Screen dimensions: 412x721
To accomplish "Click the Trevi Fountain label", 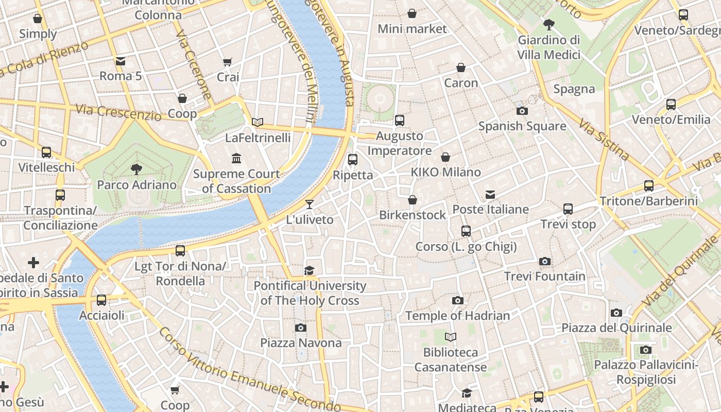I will (x=544, y=277).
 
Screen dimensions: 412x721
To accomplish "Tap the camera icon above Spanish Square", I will (x=522, y=111).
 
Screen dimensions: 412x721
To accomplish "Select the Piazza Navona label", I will (x=301, y=343).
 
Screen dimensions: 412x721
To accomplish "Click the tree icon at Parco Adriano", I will (x=136, y=169).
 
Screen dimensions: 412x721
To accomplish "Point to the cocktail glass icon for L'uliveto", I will (x=309, y=204).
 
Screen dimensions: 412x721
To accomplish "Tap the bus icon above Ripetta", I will (x=353, y=159).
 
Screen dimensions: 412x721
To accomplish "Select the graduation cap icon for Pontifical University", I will (x=309, y=270).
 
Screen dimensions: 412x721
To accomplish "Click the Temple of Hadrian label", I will (x=457, y=316).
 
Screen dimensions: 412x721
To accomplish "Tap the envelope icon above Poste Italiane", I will (x=490, y=194).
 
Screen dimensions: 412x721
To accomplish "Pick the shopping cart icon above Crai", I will (x=228, y=62).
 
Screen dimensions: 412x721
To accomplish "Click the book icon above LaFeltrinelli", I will (x=257, y=122).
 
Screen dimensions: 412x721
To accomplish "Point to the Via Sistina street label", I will (x=604, y=140).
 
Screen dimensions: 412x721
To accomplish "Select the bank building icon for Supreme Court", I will (x=236, y=158).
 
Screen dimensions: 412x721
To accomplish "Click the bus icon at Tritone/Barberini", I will (x=649, y=185).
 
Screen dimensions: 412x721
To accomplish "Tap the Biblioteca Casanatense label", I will (x=451, y=360).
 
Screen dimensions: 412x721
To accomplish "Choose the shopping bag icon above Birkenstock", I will (x=412, y=199).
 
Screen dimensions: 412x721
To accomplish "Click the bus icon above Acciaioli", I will (x=101, y=300).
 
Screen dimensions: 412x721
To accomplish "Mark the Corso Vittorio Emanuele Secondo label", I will (x=250, y=371).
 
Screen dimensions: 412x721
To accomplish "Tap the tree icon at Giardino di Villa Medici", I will (x=549, y=24).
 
